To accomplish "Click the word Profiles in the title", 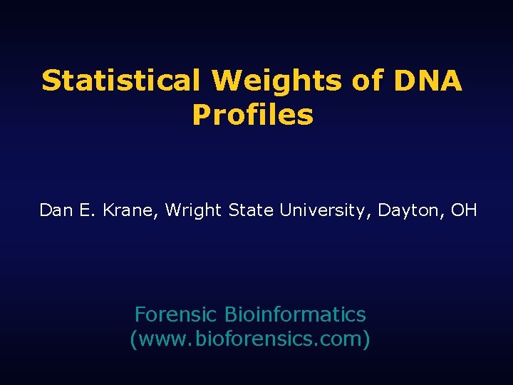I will [252, 115].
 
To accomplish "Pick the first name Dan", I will [53, 210].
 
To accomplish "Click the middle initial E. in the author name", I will [81, 210].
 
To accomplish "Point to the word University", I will [326, 210].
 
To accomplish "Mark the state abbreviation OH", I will [464, 210].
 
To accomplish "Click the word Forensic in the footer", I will [176, 314].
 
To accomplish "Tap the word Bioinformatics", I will [295, 314].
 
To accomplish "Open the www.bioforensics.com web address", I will [249, 339].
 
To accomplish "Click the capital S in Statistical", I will [51, 81].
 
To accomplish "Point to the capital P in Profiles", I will [200, 115].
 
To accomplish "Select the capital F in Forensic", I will [140, 314].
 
